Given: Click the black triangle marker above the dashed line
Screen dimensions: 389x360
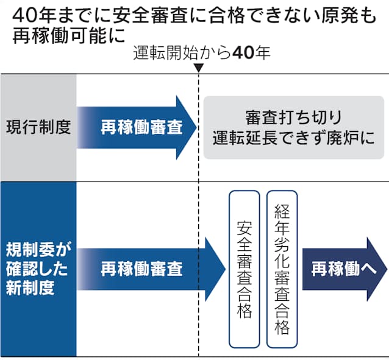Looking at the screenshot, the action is click(199, 68).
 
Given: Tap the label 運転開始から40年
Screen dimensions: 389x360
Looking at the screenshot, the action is click(201, 53).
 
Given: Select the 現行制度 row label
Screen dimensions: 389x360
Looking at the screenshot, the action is click(38, 127).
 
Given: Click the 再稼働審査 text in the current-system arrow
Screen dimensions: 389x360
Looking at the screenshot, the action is click(141, 127).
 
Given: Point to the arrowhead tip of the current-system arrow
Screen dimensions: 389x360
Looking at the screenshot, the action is click(196, 127).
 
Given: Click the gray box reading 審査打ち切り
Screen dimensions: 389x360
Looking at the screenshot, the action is click(294, 127).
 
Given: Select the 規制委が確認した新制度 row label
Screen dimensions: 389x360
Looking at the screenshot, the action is click(38, 269).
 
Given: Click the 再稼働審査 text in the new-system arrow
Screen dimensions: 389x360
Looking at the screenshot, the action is click(141, 269).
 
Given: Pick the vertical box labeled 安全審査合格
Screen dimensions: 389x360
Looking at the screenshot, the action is click(244, 269).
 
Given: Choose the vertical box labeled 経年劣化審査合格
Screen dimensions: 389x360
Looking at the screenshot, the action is click(282, 269).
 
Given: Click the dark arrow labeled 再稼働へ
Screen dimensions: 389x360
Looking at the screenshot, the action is click(344, 269).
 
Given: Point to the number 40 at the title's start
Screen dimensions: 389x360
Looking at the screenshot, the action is click(24, 16).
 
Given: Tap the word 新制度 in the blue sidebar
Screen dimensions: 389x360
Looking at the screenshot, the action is click(30, 288).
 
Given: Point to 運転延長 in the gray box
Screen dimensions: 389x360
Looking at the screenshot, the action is click(244, 138).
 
